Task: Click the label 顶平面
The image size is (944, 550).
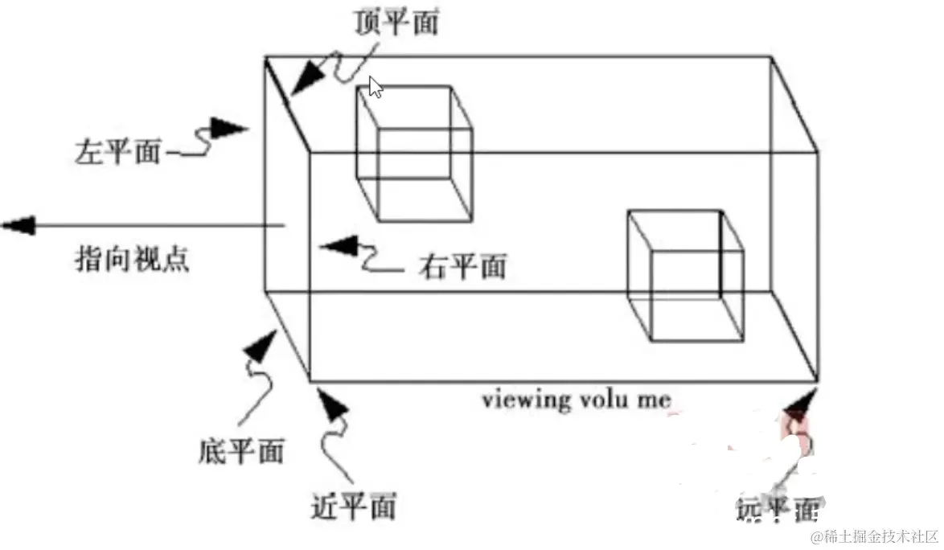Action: pos(396,23)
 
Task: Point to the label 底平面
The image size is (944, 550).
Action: pos(240,451)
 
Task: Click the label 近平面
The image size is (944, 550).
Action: pos(354,507)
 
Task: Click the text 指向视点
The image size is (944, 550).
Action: pos(133,260)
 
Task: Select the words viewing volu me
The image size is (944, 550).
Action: pos(576,400)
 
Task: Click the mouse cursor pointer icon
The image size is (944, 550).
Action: pos(375,88)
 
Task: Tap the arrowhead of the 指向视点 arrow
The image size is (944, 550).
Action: pos(20,225)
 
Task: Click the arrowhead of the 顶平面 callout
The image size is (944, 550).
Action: pos(305,84)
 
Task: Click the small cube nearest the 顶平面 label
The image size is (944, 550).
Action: pos(413,153)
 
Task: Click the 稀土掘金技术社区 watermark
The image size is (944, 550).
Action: pos(874,536)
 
